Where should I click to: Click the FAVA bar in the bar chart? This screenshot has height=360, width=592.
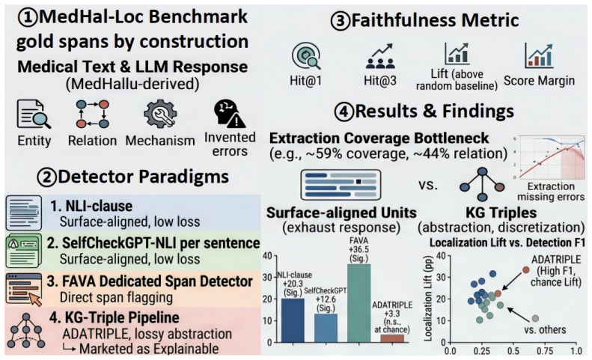(358, 303)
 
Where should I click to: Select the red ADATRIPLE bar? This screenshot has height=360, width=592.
(392, 338)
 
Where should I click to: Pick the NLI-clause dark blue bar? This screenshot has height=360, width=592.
(293, 320)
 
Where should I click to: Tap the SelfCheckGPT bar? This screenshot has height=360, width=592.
(326, 328)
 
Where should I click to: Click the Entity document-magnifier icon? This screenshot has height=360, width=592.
(34, 114)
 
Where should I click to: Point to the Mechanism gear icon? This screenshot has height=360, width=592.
(160, 114)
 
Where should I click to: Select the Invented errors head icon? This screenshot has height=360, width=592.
(229, 113)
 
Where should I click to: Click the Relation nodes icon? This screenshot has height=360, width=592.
(93, 114)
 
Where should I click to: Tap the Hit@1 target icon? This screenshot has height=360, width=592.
(306, 55)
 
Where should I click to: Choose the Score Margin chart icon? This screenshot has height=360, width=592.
(539, 55)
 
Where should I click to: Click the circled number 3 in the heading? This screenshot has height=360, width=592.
(341, 21)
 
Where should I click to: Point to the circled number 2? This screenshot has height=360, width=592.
(46, 177)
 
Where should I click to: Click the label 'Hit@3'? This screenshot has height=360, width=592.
(380, 81)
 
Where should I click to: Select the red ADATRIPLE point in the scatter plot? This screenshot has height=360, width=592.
(526, 269)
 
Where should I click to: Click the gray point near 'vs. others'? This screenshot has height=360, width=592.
(535, 318)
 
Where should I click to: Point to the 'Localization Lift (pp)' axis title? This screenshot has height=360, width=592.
(428, 298)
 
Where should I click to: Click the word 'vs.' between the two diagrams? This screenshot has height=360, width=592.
(428, 185)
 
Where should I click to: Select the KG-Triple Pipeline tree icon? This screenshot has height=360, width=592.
(25, 330)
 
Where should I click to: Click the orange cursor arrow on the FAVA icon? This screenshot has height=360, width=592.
(35, 299)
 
